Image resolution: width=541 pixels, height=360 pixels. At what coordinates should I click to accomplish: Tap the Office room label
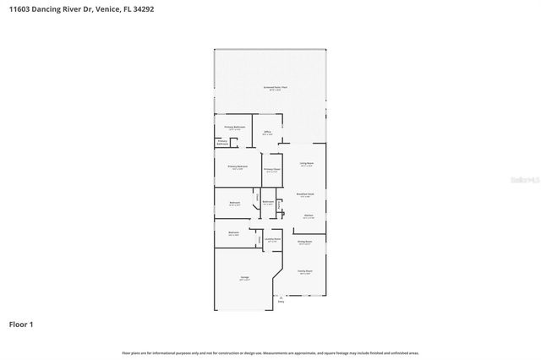267,132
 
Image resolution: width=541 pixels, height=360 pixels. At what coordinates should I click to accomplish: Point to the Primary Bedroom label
238,167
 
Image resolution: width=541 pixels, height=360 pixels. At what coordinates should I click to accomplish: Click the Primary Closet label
271,169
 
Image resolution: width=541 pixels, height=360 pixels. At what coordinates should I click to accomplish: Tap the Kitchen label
309,215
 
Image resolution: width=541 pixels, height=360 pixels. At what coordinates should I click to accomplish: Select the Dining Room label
304,243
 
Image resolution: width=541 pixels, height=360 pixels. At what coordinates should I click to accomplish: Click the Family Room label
304,271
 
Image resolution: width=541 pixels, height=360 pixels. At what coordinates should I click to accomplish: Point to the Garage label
243,278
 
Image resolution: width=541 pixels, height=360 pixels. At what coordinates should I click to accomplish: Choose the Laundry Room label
272,239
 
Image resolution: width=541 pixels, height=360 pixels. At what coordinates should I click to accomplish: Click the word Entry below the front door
293,302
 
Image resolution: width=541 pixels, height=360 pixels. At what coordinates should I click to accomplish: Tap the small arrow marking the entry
293,297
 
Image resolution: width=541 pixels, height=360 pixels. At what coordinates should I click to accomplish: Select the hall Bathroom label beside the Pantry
267,202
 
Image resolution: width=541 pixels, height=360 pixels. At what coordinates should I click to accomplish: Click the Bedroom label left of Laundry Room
233,233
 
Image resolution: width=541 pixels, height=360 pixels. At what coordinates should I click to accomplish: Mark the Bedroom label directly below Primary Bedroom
235,203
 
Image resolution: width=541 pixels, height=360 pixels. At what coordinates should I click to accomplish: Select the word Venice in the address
103,8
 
